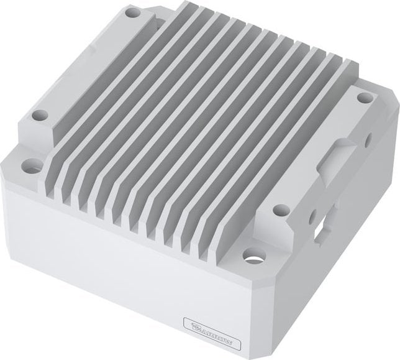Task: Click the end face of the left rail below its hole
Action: (37, 134)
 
